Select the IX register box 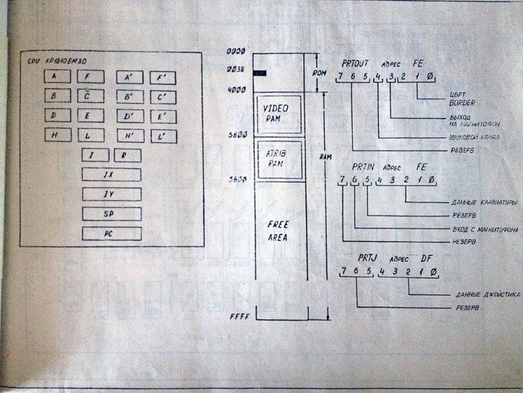[111, 175]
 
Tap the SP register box [111, 214]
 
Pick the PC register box [111, 233]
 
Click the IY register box [111, 194]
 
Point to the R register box [127, 156]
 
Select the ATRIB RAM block [280, 159]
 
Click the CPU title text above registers [54, 62]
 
